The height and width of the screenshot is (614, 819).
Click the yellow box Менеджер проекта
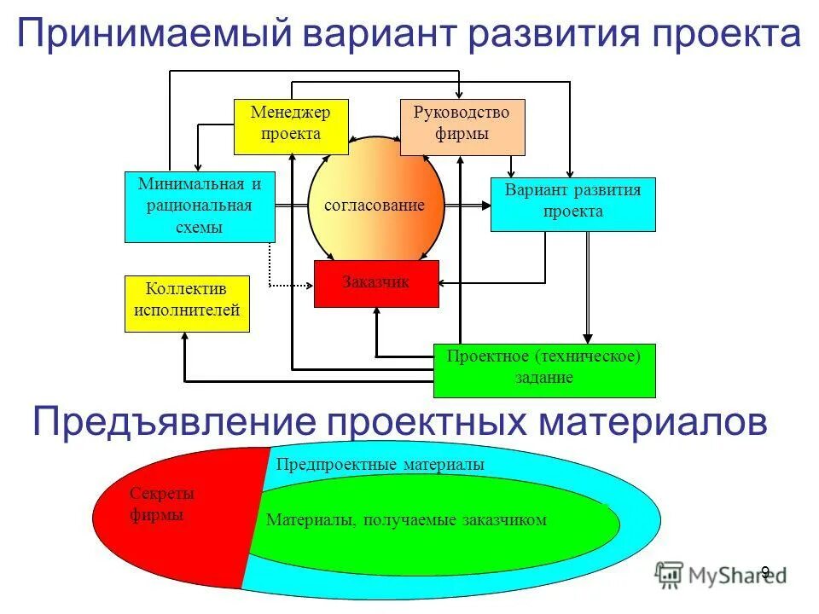[x=291, y=126]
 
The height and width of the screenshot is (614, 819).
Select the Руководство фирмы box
[x=462, y=126]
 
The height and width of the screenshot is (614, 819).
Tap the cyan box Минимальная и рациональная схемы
[x=200, y=206]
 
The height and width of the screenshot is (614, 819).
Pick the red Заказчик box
[x=376, y=283]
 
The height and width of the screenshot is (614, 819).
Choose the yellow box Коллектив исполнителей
[x=187, y=304]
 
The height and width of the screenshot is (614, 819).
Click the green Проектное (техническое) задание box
[x=544, y=370]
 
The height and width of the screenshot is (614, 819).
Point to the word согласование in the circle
[x=375, y=206]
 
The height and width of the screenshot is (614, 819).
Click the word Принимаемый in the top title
[x=149, y=36]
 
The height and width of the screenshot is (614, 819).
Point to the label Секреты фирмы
[x=162, y=504]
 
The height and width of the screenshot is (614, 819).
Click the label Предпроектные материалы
[x=380, y=465]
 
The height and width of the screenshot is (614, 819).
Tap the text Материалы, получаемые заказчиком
[x=406, y=519]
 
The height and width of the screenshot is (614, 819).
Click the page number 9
[x=765, y=572]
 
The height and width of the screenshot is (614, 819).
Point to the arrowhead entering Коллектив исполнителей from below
[x=185, y=338]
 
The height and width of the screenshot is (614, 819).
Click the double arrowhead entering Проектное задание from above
[x=588, y=338]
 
